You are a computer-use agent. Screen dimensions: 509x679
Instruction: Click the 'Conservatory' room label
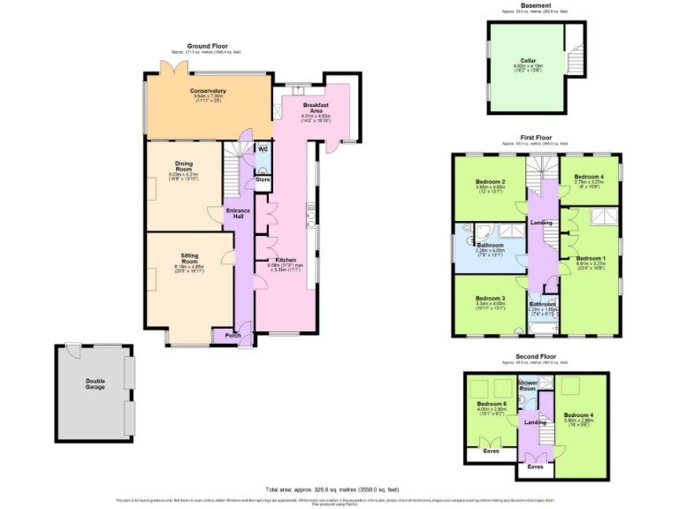208,91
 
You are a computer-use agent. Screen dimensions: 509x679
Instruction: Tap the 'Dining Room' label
184,165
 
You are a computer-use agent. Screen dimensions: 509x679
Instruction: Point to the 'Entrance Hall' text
238,213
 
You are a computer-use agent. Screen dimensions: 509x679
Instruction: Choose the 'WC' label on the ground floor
263,148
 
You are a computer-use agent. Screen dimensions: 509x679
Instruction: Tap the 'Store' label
262,179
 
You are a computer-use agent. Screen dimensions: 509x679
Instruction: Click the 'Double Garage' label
95,384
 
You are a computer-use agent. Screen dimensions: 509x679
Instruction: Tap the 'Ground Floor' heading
208,45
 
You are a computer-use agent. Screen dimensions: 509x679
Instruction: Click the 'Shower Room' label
528,385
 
